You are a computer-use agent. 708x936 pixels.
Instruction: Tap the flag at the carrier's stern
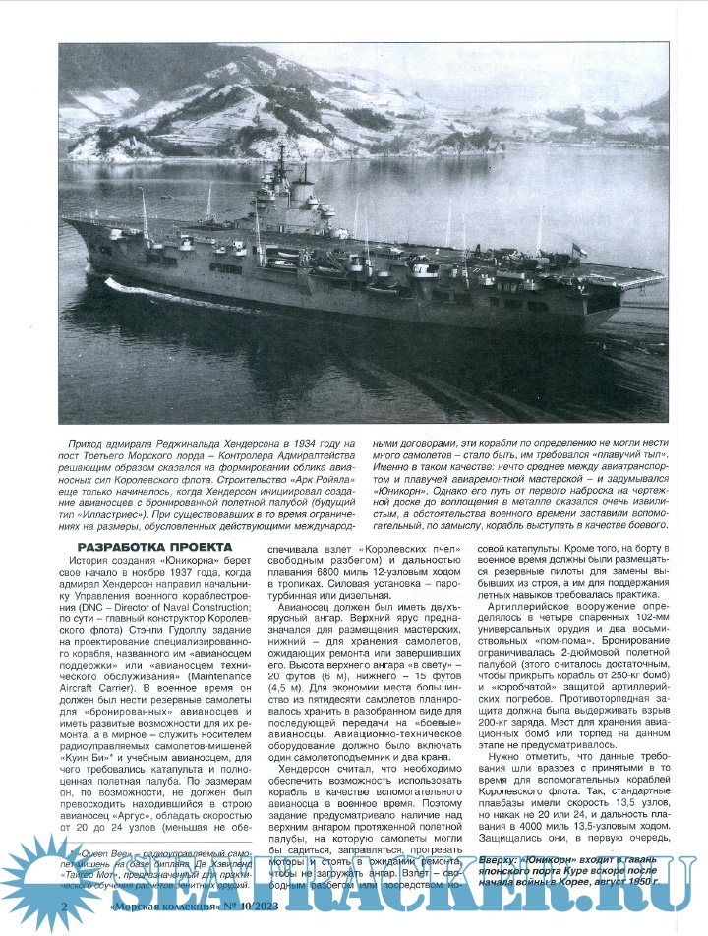(582, 252)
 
